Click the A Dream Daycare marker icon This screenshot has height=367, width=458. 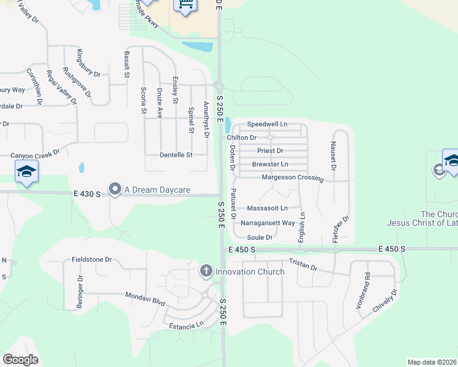point(114,190)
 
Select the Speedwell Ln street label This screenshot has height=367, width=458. point(267,124)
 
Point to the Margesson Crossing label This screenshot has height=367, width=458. point(292,177)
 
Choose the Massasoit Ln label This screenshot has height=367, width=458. point(267,209)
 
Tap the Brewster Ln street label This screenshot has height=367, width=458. point(270,165)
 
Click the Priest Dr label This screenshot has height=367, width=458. point(270,150)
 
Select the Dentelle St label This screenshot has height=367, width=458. point(176,155)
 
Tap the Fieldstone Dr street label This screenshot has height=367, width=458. point(91,259)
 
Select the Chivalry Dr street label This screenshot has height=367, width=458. point(385,302)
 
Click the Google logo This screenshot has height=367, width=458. point(21,360)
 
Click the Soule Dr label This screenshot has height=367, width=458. point(260,237)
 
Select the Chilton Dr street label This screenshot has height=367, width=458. point(241,138)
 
